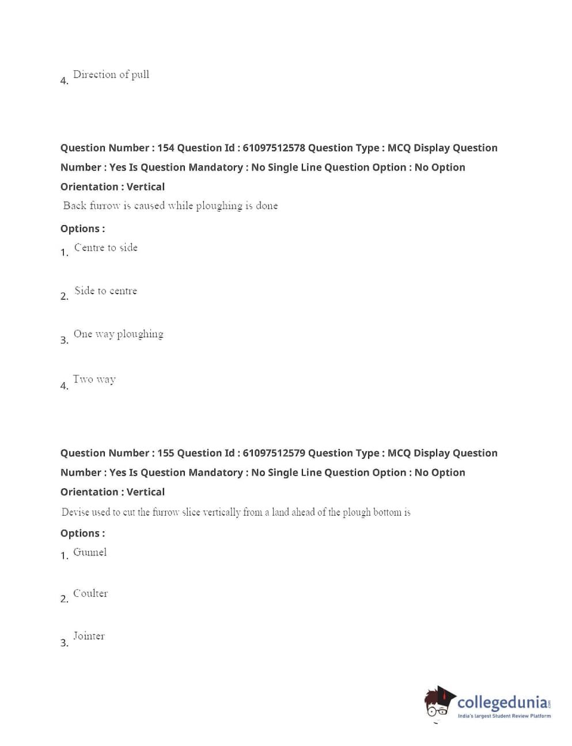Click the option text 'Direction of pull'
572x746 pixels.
click(x=111, y=74)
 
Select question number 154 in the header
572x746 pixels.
click(x=165, y=148)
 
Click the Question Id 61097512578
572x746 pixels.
click(x=274, y=148)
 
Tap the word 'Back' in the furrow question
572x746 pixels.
click(x=75, y=205)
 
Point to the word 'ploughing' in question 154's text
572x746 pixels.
click(x=219, y=206)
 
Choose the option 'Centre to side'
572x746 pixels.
click(x=106, y=248)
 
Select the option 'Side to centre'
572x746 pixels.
click(x=106, y=291)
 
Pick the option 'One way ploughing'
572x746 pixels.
click(x=119, y=334)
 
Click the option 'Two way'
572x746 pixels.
click(x=94, y=379)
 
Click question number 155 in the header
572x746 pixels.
click(x=165, y=453)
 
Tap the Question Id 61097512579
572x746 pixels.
click(x=274, y=453)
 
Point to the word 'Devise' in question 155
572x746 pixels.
click(x=75, y=512)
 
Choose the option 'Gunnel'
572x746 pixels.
click(x=90, y=552)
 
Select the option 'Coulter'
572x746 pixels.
click(x=90, y=593)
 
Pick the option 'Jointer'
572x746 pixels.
click(x=89, y=636)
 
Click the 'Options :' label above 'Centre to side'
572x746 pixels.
click(x=82, y=229)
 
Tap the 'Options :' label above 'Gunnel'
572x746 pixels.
click(x=82, y=534)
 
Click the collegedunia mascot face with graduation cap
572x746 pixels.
click(x=439, y=703)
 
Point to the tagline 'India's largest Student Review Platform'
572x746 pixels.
click(x=504, y=716)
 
